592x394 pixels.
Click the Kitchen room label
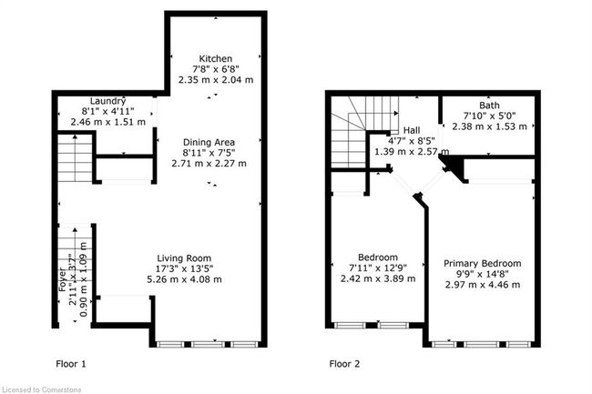pos(216,59)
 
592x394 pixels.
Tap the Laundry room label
pos(107,101)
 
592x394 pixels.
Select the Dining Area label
pos(209,143)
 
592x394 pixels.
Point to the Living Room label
pos(184,258)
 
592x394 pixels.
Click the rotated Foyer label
pos(62,279)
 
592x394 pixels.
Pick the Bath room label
pos(489,106)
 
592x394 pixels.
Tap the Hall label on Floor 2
pos(412,130)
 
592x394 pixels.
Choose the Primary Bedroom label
pos(483,264)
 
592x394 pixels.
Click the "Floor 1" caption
pos(71,364)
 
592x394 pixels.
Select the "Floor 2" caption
pos(344,364)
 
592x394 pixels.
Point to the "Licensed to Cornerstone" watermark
pos(41,389)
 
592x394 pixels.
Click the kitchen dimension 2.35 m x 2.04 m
pos(216,80)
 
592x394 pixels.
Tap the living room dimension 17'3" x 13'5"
pos(185,268)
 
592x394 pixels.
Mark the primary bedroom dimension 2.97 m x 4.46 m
pos(483,285)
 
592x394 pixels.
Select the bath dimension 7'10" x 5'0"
pos(490,116)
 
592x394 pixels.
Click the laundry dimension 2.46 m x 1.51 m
pos(108,122)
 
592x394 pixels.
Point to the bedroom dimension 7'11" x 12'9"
pos(378,268)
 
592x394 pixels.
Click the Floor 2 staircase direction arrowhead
pos(396,113)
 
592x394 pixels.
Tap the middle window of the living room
pos(207,344)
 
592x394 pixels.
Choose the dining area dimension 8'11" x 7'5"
pos(209,153)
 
